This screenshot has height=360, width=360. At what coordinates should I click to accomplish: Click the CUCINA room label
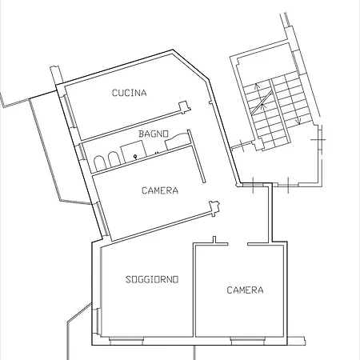tap(129, 93)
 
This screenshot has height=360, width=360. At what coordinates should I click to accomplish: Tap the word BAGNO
tap(154, 134)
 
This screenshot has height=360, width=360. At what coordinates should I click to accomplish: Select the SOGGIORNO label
tap(152, 279)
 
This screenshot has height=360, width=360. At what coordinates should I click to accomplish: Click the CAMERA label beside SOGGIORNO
tap(245, 290)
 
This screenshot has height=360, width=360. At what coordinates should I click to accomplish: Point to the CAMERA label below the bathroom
tap(160, 190)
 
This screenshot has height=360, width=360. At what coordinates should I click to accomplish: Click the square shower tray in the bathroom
tap(134, 151)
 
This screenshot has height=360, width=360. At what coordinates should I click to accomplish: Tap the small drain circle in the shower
tap(136, 157)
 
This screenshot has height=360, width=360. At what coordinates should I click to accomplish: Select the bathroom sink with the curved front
tap(175, 142)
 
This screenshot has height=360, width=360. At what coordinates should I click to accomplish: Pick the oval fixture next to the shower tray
tap(114, 159)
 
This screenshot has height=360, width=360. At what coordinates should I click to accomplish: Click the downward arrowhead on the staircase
tap(299, 122)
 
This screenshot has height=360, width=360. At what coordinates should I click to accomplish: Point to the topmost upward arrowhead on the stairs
tap(257, 86)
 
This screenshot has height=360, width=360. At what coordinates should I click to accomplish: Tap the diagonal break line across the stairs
tap(262, 102)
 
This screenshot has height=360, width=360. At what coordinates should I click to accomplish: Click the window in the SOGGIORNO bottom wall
tap(126, 340)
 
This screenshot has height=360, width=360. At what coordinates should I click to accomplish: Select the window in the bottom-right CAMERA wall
tap(248, 340)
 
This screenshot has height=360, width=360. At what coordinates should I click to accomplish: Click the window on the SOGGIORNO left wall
tap(98, 322)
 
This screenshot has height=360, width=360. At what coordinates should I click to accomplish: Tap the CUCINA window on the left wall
tap(70, 111)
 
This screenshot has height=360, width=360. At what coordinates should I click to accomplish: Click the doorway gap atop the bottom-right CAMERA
tap(238, 244)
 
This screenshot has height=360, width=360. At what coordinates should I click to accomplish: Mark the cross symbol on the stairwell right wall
tap(319, 139)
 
